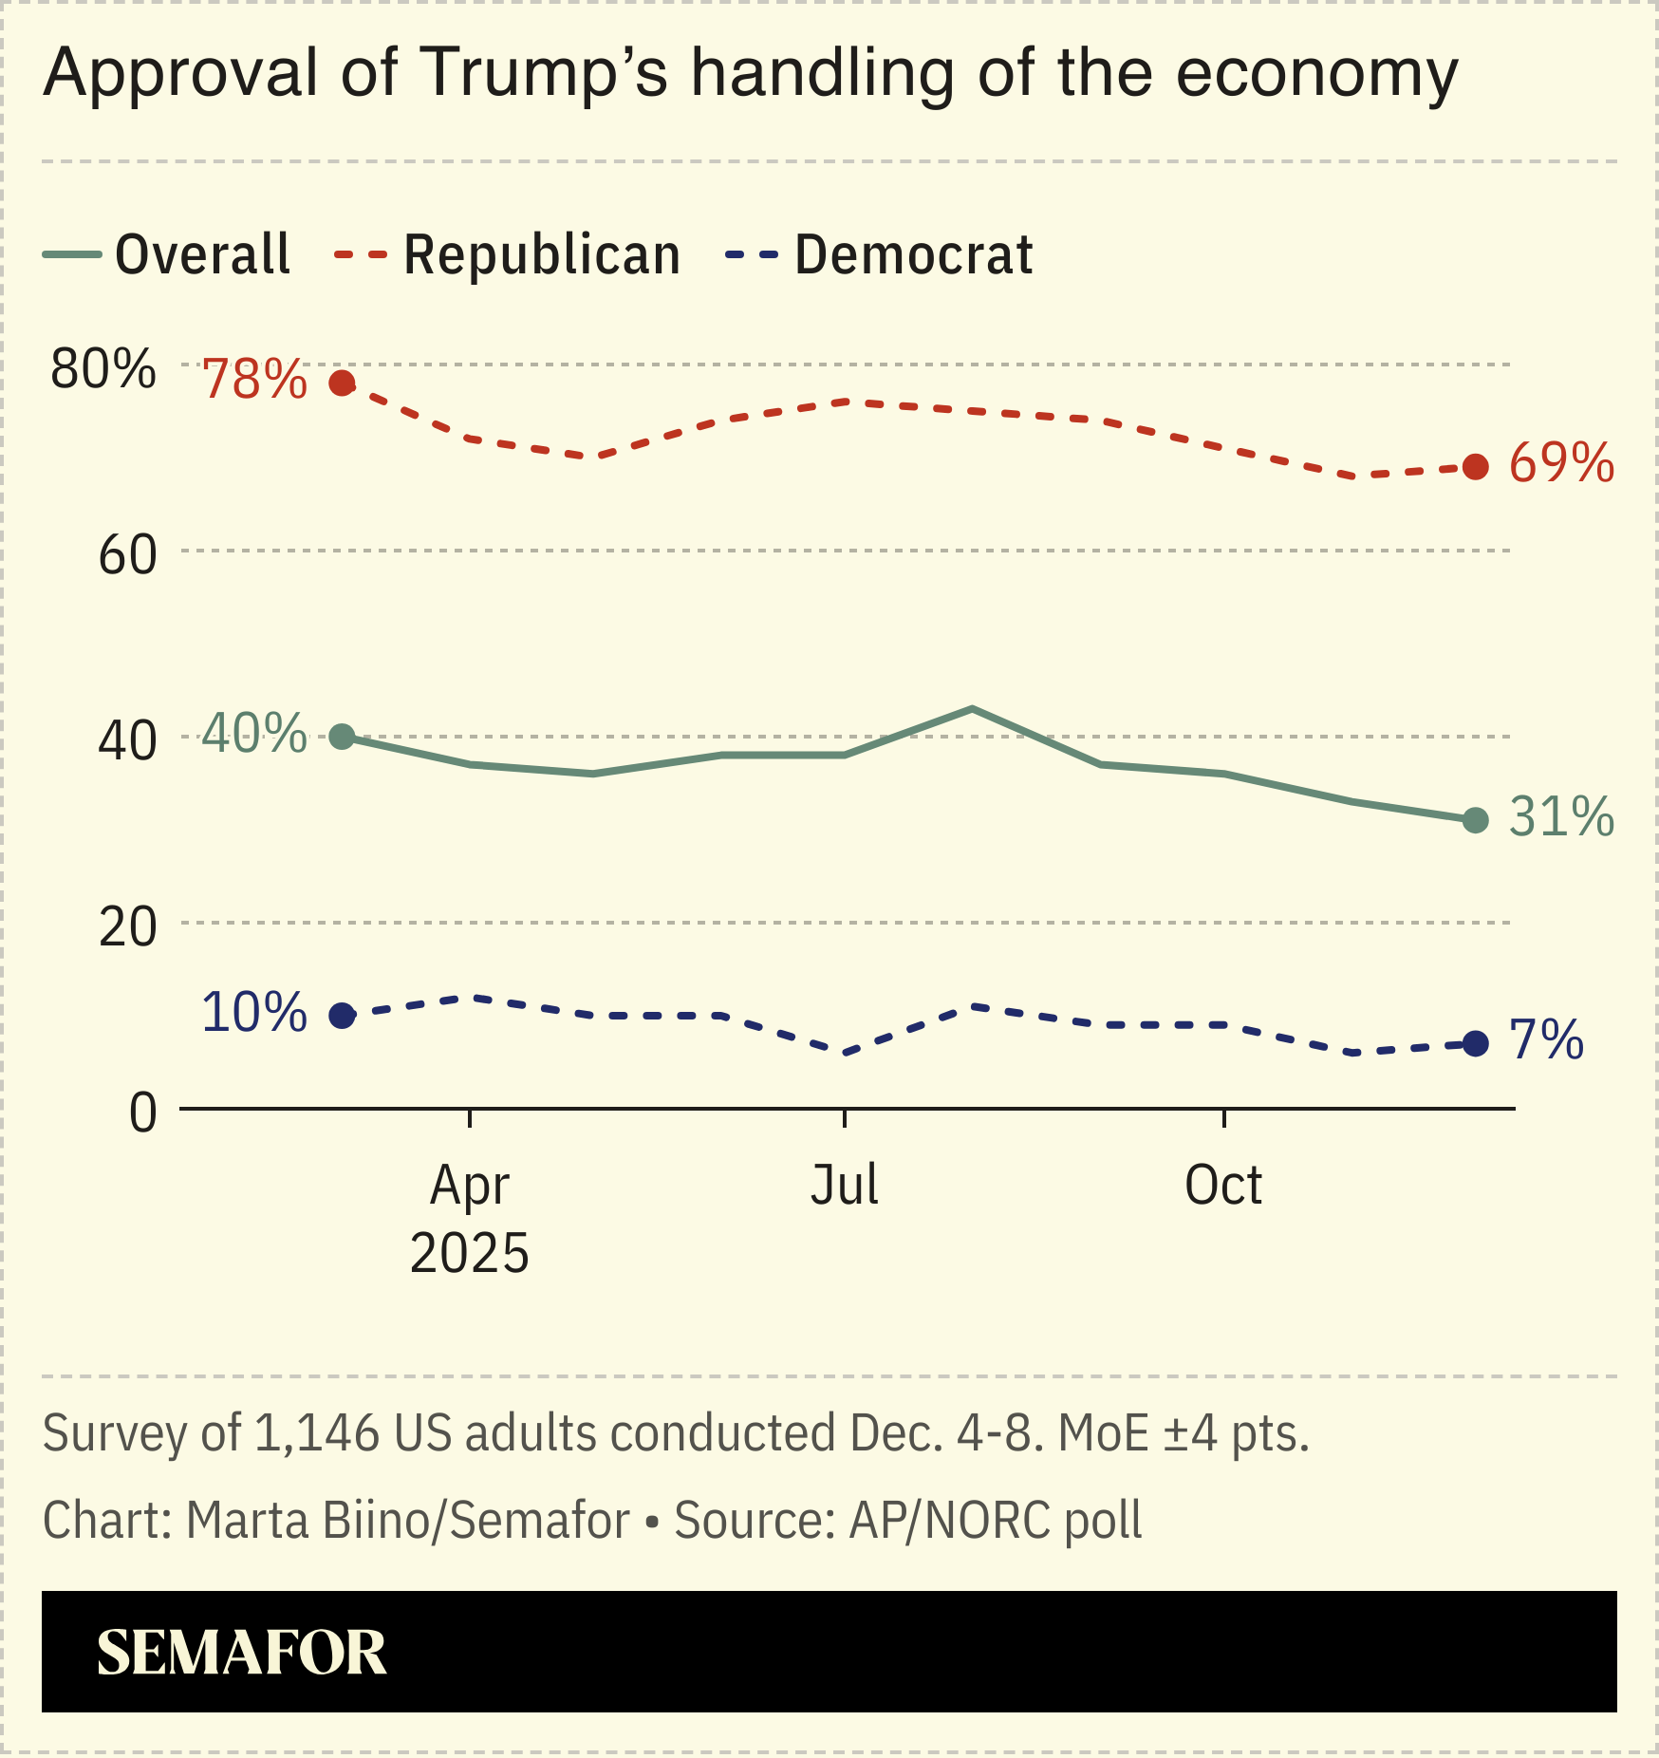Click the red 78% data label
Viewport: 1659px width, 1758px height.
click(x=254, y=380)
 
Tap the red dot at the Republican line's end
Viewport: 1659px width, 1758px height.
click(x=1475, y=466)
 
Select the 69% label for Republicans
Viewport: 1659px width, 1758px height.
click(x=1561, y=464)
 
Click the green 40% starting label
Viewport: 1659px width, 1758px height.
click(x=254, y=734)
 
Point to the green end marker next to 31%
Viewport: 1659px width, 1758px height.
click(x=1475, y=820)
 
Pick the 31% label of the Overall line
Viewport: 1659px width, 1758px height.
click(x=1561, y=817)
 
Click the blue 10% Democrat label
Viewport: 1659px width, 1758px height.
click(x=254, y=1013)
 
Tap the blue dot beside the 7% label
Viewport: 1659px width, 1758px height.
click(x=1475, y=1044)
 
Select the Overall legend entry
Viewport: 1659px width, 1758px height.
click(x=168, y=254)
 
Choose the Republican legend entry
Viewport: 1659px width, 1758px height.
click(x=508, y=254)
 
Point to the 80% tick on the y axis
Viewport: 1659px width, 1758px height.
click(x=103, y=368)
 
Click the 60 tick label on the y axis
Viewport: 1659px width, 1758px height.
click(x=127, y=555)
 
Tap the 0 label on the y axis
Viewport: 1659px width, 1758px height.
click(x=142, y=1113)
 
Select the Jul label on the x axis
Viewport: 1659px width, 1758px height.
click(x=844, y=1185)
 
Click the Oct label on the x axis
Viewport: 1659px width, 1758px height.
click(x=1223, y=1185)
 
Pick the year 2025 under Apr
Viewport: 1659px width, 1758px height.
click(x=469, y=1254)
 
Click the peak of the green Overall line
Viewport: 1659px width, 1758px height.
click(x=972, y=708)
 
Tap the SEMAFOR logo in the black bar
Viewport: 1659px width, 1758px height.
click(x=242, y=1653)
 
